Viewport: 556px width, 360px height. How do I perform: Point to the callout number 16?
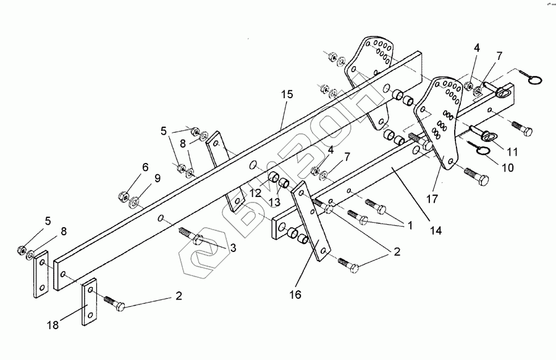pos(295,295)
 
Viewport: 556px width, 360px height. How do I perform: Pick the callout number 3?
pos(232,247)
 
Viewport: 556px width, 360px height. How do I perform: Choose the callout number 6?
pos(145,167)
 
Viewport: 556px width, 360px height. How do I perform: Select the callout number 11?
pos(513,151)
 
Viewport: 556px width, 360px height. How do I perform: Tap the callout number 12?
pos(255,194)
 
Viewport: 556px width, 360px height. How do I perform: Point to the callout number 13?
pos(274,203)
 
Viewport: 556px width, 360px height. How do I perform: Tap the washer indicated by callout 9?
pos(135,203)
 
